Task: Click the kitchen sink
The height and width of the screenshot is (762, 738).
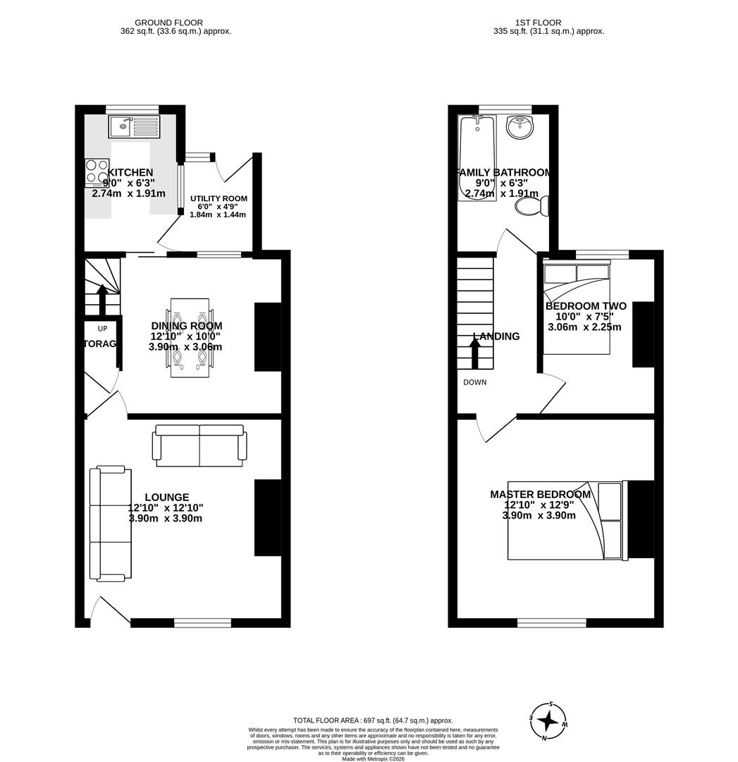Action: tap(134, 127)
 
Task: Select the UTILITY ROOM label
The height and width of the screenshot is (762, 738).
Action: tap(219, 199)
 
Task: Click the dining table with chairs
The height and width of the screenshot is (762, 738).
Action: tap(190, 337)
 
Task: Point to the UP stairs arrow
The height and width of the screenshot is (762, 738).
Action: tap(102, 299)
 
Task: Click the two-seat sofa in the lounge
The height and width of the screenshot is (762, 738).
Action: tap(200, 445)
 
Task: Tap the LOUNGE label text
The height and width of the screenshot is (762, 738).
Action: tap(166, 497)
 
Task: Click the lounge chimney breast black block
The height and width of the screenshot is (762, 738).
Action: tap(268, 516)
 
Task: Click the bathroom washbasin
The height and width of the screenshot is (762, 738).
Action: tap(520, 128)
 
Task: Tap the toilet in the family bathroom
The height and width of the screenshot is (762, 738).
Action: tap(532, 206)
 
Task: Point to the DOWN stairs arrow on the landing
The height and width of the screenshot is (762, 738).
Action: tap(475, 353)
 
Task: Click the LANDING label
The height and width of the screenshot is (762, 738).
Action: tap(496, 337)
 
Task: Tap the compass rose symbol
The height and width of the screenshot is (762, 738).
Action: tap(548, 721)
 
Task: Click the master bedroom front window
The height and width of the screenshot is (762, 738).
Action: tap(552, 622)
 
